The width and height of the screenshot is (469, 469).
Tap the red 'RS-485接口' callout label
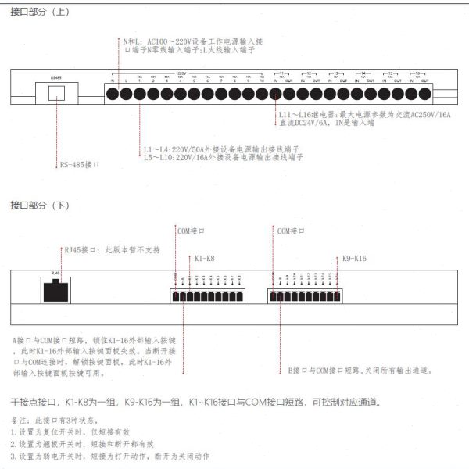point(80,165)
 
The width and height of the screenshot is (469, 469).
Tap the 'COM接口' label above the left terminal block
point(191,231)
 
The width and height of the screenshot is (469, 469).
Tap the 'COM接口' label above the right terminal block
point(291,231)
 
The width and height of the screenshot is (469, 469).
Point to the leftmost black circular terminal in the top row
point(112,94)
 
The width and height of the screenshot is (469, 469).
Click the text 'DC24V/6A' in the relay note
point(310,123)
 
